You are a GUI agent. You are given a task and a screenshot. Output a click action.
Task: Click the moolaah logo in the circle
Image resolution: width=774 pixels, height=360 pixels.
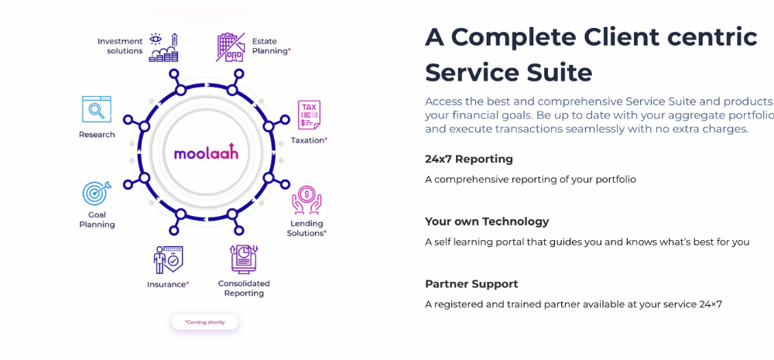point(206,152)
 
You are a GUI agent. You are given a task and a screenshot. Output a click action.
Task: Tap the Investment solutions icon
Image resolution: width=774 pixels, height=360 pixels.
point(163,47)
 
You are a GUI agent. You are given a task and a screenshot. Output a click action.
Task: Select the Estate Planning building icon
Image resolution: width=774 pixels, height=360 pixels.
point(230,46)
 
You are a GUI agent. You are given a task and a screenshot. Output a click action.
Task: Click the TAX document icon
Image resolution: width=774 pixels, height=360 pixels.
point(309,115)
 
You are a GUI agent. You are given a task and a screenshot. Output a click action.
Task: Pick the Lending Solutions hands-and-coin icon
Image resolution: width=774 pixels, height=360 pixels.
point(307,201)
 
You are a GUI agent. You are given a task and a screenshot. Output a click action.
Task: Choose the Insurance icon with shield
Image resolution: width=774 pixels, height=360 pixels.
point(168,259)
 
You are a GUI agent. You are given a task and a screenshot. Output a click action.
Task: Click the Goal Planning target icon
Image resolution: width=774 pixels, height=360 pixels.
point(96,194)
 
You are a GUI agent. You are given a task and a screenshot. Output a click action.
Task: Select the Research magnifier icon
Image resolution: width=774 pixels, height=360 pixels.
point(97,109)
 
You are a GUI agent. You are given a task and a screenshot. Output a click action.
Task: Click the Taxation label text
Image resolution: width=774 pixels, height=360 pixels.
point(309,140)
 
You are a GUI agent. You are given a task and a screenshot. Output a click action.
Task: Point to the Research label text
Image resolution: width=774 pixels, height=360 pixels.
point(97,135)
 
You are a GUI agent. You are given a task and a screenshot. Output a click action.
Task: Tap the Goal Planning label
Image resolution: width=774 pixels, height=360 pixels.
point(97,220)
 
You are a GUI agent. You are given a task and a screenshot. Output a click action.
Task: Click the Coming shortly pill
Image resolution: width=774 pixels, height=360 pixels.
point(205,322)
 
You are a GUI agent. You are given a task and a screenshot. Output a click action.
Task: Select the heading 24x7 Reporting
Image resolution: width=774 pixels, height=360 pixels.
point(469,159)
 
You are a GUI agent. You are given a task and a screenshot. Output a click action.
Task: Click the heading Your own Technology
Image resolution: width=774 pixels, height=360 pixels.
point(487,221)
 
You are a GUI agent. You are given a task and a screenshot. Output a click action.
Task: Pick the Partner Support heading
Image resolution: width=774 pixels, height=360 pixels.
point(471,284)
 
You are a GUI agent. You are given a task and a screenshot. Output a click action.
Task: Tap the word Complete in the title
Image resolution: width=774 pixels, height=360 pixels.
point(512,36)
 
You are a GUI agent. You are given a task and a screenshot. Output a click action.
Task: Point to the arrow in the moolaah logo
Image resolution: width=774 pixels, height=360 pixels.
point(234,150)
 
